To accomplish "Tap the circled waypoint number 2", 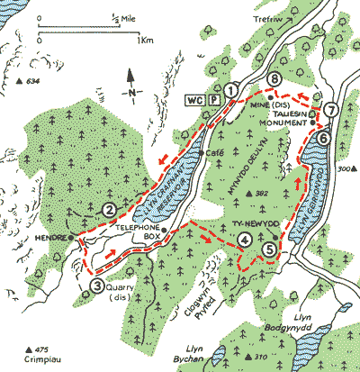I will [x=107, y=210].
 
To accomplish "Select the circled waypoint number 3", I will [x=96, y=287].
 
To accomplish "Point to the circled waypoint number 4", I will [x=244, y=240].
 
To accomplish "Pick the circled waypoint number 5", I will [x=270, y=250].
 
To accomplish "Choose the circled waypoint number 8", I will [x=274, y=80].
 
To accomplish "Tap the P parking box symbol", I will [x=214, y=98].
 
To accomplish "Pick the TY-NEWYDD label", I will [x=243, y=220].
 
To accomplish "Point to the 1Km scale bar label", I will [x=139, y=41].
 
